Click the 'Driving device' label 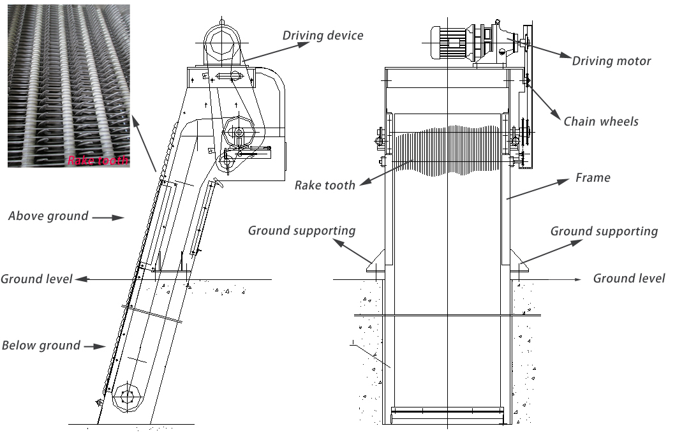[x=323, y=35]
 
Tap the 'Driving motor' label [x=611, y=61]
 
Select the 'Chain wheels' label [x=601, y=121]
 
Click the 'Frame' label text [x=593, y=178]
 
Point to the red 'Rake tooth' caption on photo [x=98, y=160]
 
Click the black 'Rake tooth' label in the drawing [x=325, y=186]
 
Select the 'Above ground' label [x=48, y=216]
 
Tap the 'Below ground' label [x=41, y=346]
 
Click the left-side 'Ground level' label [x=36, y=279]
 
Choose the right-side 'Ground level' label [x=628, y=278]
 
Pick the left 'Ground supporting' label [x=302, y=230]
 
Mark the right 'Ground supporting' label [x=604, y=231]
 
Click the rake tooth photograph [x=68, y=86]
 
